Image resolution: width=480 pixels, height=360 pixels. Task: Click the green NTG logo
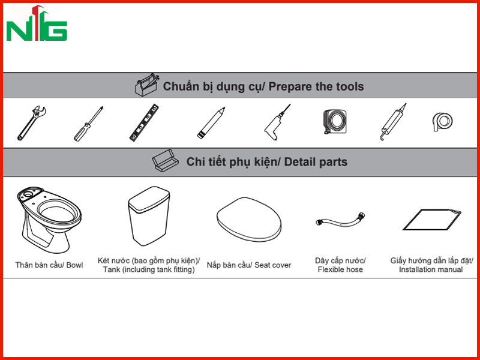click(37, 23)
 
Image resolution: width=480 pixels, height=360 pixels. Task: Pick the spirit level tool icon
click(144, 122)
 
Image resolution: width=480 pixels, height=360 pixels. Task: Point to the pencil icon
click(211, 123)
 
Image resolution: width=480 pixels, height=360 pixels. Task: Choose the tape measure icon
click(335, 122)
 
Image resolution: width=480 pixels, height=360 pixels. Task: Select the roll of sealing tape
click(443, 122)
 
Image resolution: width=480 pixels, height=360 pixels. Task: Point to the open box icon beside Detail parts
click(166, 160)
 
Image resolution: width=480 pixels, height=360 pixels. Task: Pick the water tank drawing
click(149, 216)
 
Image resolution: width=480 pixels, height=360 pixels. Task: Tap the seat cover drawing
click(249, 219)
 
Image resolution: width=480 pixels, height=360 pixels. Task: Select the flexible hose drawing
click(341, 220)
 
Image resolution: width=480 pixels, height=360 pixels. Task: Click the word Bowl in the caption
click(74, 265)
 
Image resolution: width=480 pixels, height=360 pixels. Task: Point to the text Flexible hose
click(340, 269)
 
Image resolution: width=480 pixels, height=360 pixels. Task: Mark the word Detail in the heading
click(298, 162)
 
